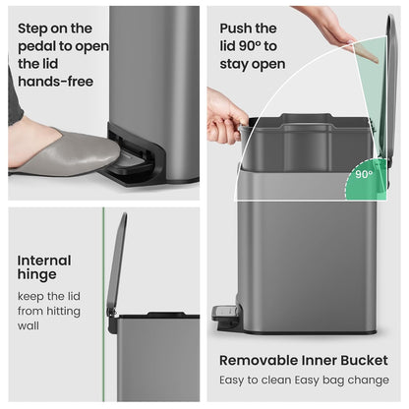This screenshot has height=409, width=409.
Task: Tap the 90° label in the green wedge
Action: [x=364, y=174]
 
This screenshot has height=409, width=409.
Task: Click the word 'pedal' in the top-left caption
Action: [x=36, y=46]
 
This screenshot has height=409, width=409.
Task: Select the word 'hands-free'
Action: [x=56, y=82]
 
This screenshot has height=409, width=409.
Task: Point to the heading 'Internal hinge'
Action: [x=44, y=267]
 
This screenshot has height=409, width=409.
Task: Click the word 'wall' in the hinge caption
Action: [x=29, y=325]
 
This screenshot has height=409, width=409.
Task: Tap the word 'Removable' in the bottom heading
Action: [x=259, y=360]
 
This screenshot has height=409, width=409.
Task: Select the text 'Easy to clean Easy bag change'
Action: [x=305, y=380]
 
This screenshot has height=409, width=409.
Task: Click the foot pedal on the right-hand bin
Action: [x=225, y=312]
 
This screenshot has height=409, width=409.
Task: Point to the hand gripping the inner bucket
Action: [x=225, y=115]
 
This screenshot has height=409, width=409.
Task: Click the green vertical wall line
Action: [x=103, y=304]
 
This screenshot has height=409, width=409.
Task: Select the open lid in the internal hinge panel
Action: [x=117, y=262]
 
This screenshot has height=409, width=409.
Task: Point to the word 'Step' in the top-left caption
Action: [x=32, y=29]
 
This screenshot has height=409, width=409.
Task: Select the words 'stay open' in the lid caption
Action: [x=253, y=64]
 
